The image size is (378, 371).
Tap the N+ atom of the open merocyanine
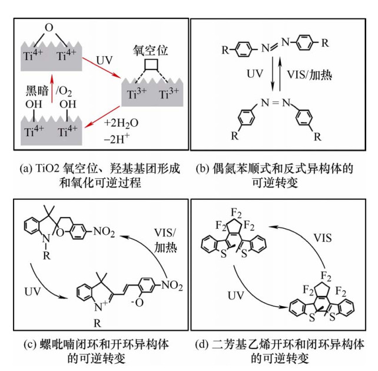click(89, 304)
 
